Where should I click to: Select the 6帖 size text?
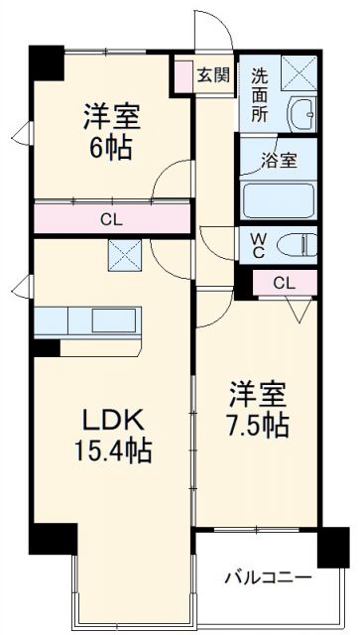tap(110, 149)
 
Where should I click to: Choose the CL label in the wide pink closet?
tap(110, 220)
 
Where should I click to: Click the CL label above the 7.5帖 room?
tap(283, 283)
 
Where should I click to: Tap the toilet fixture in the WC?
tap(295, 244)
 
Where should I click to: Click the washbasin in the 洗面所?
tap(300, 114)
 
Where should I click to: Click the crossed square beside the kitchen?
tap(127, 257)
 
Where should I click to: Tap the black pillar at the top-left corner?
tap(45, 63)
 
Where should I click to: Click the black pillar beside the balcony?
tap(332, 545)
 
